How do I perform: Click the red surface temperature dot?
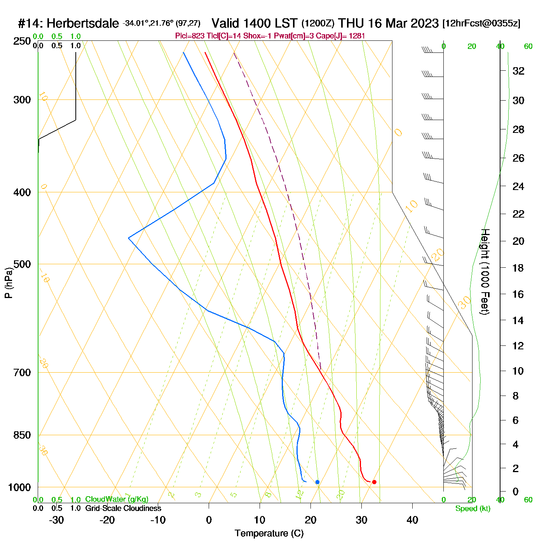click(374, 482)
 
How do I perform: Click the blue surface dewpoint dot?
click(317, 482)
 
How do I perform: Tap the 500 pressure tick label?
click(22, 264)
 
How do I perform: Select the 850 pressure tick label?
click(22, 435)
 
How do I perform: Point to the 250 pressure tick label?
click(22, 41)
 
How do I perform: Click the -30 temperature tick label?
click(56, 520)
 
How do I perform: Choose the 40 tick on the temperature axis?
click(412, 520)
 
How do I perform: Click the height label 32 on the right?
click(518, 71)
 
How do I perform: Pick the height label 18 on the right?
click(518, 268)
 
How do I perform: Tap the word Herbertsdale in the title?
click(83, 24)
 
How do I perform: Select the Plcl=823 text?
click(189, 36)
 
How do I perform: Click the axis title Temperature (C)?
click(269, 534)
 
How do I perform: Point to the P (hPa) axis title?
click(9, 283)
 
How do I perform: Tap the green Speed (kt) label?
click(473, 509)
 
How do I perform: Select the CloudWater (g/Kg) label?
click(117, 499)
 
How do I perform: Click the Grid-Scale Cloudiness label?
click(123, 508)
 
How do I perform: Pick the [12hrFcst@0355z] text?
click(481, 24)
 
